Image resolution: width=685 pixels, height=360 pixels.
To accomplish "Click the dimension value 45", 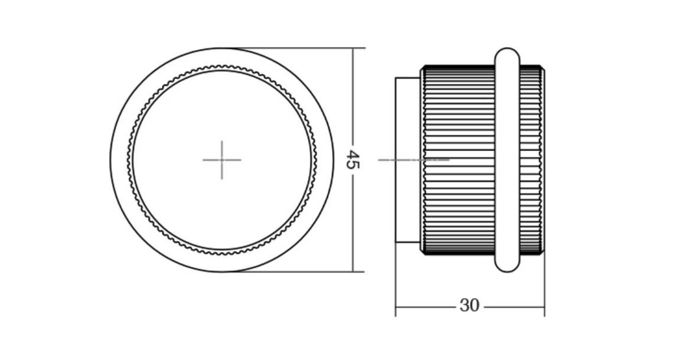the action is pos(353,160).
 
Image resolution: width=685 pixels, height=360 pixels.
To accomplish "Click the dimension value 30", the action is pos(469,306).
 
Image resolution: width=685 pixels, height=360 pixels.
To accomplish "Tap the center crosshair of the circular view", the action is pos(222,160).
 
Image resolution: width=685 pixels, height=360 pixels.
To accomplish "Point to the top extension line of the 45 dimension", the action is pos(293,48).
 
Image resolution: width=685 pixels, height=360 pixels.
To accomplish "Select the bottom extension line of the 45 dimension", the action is pos(293,271).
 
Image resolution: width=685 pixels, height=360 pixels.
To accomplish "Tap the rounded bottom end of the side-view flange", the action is pos(507,267).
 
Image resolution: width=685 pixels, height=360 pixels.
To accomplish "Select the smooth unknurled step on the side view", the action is pos(408,160).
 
